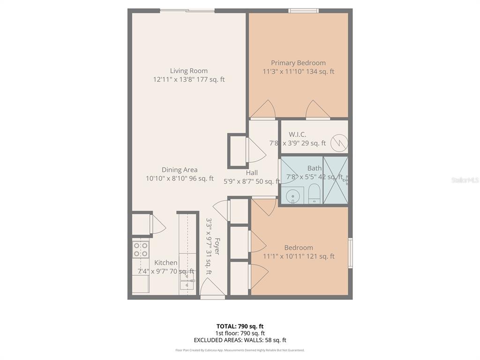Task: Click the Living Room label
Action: [x=188, y=71]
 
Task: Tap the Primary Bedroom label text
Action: [x=298, y=63]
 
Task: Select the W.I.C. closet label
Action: [x=297, y=135]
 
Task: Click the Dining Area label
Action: [x=180, y=170]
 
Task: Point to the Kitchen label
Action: [x=166, y=262]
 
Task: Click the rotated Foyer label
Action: [x=217, y=247]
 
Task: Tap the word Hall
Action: [x=252, y=172]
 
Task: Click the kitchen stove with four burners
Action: [x=141, y=249]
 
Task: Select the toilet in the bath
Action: [x=314, y=193]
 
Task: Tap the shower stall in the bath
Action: [x=336, y=180]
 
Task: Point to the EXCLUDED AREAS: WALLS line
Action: [x=240, y=340]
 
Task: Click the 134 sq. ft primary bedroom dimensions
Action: [x=298, y=72]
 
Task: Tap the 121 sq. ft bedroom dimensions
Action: [x=298, y=256]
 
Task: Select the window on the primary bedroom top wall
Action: [x=303, y=11]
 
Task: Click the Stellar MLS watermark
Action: [x=465, y=180]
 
